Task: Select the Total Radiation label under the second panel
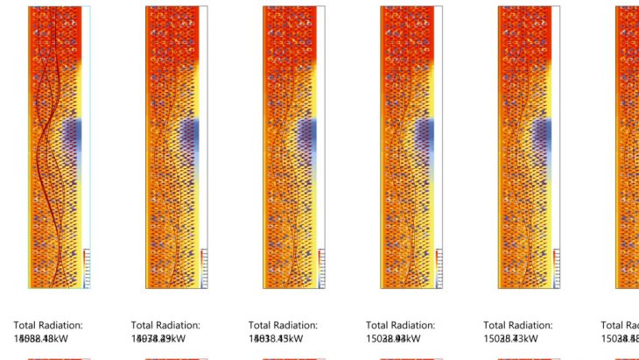165,325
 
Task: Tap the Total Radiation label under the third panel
283,325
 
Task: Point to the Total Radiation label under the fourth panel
400,325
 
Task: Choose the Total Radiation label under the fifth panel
517,325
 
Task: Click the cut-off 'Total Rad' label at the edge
620,325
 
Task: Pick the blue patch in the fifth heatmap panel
541,136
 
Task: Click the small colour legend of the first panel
87,267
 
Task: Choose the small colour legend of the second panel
204,267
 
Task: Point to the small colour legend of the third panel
321,267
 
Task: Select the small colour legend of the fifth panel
556,267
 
